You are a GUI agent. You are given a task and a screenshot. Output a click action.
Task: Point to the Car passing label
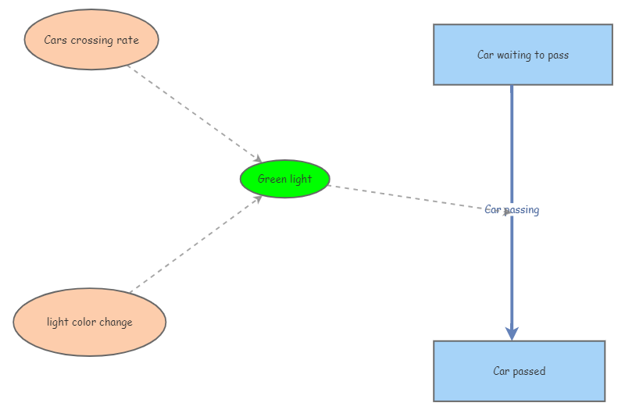click(512, 210)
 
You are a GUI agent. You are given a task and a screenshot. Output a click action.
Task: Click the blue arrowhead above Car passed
click(512, 333)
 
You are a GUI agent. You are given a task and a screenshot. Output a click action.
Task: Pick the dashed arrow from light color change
click(195, 244)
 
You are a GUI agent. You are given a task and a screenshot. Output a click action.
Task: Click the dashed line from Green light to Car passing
click(406, 196)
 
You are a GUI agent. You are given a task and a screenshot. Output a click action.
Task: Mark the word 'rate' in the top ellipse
click(129, 40)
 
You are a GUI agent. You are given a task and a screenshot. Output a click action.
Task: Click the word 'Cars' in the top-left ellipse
click(55, 40)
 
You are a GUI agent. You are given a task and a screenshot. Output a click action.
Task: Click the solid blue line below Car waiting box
click(512, 141)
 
